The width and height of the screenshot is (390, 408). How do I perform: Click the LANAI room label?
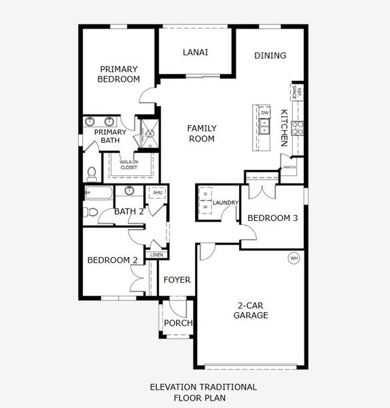[x=195, y=52]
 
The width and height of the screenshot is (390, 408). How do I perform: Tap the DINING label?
[x=270, y=56]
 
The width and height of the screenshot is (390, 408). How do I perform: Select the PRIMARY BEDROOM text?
[x=120, y=74]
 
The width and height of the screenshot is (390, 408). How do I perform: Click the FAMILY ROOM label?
[x=201, y=133]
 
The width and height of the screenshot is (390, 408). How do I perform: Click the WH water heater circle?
[x=294, y=258]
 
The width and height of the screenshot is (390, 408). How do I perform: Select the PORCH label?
[x=179, y=323]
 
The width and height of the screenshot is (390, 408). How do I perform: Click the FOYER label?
[x=178, y=280]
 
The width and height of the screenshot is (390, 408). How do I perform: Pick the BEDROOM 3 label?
[x=272, y=218]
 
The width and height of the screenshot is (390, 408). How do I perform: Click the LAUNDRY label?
[x=225, y=203]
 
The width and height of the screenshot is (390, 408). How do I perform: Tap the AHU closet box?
[x=157, y=193]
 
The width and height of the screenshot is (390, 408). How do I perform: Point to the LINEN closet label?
[x=157, y=255]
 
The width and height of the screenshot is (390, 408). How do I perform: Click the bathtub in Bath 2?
[x=99, y=193]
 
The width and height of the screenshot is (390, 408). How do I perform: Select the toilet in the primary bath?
[x=91, y=170]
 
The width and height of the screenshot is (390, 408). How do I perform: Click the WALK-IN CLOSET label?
[x=129, y=164]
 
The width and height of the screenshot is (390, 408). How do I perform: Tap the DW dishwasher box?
[x=265, y=113]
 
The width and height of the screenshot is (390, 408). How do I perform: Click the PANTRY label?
[x=289, y=167]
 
